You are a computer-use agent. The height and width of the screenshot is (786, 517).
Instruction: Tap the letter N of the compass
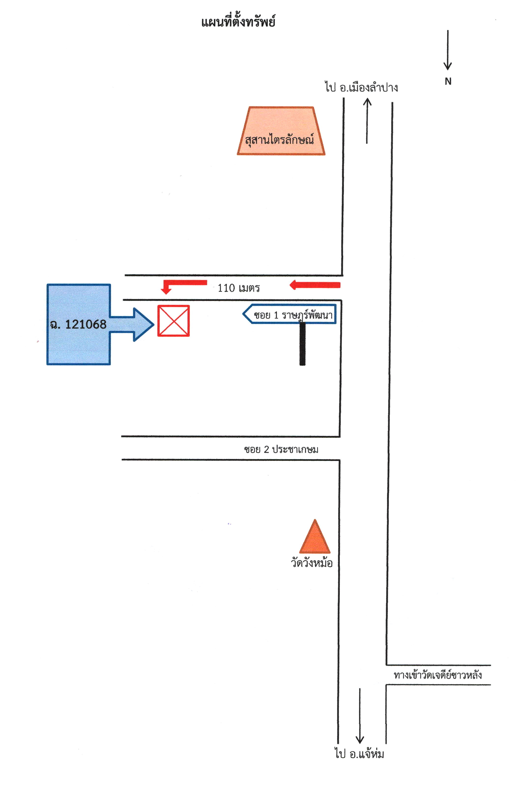point(448,81)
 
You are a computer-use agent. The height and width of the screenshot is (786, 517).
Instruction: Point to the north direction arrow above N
point(447,50)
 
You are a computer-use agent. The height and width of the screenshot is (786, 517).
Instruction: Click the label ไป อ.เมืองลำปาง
point(361,88)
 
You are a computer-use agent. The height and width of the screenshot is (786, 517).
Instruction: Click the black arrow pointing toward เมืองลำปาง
point(367,121)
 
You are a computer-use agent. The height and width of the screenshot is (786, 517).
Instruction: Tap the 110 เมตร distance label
point(238,288)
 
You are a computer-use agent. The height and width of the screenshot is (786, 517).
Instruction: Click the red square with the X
point(173,321)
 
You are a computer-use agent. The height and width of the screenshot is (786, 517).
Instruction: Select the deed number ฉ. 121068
point(78,324)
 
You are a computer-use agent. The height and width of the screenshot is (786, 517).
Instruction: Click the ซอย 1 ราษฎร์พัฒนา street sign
point(290,314)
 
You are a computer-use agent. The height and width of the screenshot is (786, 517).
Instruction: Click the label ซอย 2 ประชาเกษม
point(281,449)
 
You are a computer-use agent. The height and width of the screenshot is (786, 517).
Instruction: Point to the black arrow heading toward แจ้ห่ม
point(359,716)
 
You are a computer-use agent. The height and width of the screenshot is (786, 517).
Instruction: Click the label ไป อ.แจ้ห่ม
point(359,754)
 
